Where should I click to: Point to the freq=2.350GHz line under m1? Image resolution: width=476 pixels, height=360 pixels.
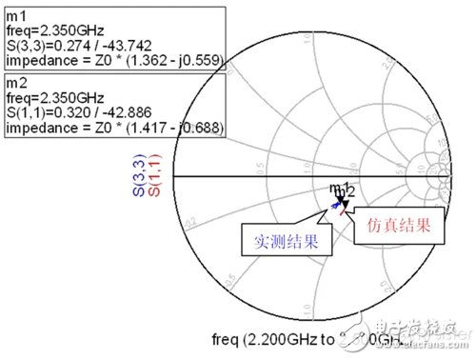pyautogui.click(x=54, y=30)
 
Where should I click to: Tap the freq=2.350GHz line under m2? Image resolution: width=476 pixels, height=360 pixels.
pyautogui.click(x=54, y=98)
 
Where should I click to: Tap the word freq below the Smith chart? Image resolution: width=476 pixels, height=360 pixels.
pyautogui.click(x=226, y=340)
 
